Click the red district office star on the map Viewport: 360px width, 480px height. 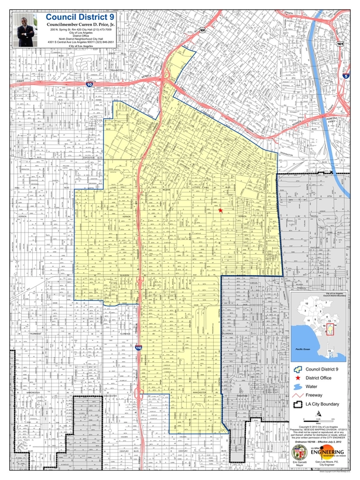pyautogui.click(x=220, y=210)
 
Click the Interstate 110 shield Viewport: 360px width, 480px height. pyautogui.click(x=138, y=348)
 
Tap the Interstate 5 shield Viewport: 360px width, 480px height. pyautogui.click(x=346, y=76)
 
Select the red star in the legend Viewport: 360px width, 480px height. pyautogui.click(x=299, y=378)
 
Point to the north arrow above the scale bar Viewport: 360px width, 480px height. pyautogui.click(x=317, y=414)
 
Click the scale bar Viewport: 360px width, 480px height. pyautogui.click(x=323, y=420)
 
